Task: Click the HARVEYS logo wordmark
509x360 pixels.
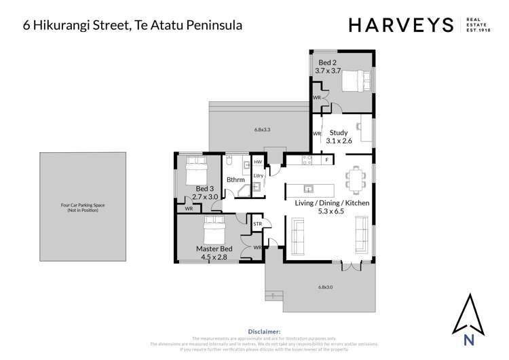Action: [400, 25]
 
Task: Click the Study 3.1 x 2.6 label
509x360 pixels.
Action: [339, 137]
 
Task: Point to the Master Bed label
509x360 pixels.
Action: [214, 253]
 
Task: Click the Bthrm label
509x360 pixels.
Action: [235, 179]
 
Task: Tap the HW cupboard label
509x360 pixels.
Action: [258, 162]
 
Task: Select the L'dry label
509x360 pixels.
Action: [258, 176]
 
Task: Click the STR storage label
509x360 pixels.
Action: [258, 223]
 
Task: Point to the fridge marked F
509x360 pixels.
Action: [326, 160]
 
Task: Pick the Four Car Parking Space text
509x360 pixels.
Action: [82, 205]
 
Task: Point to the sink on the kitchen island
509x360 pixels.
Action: [308, 189]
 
